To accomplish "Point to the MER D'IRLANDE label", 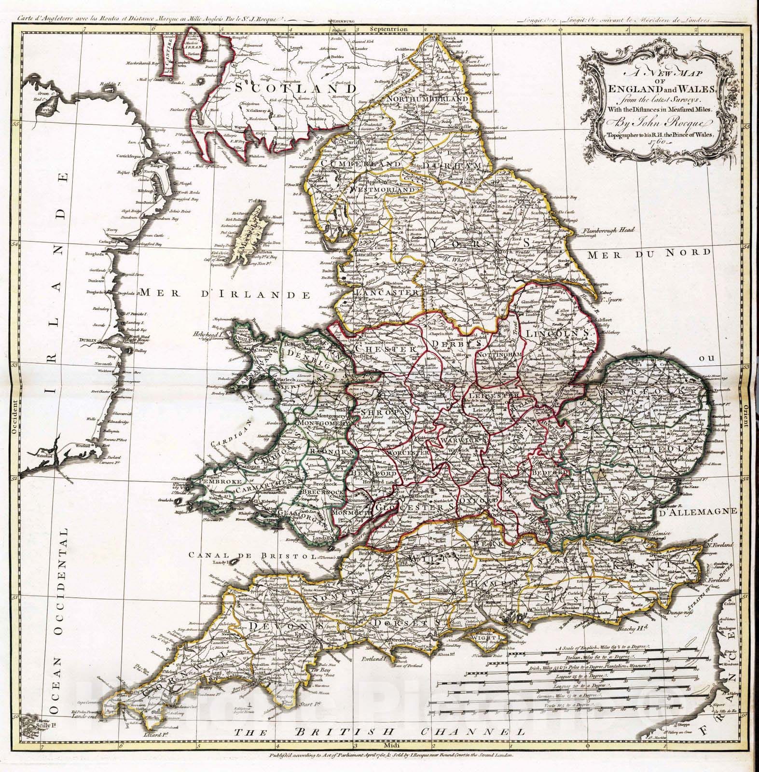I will tap(224, 294).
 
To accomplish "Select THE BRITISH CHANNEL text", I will tap(379, 746).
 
